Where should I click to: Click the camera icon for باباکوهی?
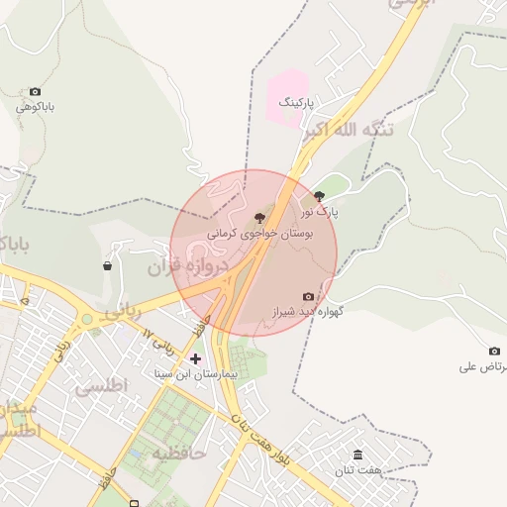point(37,92)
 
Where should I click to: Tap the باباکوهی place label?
point(35,106)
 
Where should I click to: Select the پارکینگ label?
point(295,102)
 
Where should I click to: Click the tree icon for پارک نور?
point(318,196)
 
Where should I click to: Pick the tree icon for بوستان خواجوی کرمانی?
point(259,217)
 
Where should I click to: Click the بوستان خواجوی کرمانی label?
point(259,234)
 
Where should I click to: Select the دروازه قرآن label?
point(188,266)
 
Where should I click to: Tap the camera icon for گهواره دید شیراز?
point(308,296)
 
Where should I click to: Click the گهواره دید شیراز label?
point(308,312)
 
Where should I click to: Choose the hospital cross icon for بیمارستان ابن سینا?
point(194,358)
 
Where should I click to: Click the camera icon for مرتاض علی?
point(494,351)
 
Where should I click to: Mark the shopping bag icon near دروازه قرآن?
point(107,265)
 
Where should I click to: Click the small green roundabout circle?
point(87,319)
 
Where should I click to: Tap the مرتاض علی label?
point(483,366)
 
